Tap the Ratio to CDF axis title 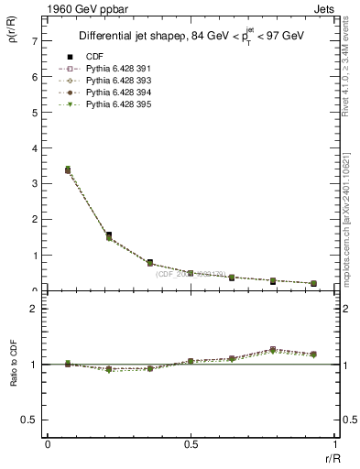click(13, 377)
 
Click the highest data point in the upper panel click(68, 169)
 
